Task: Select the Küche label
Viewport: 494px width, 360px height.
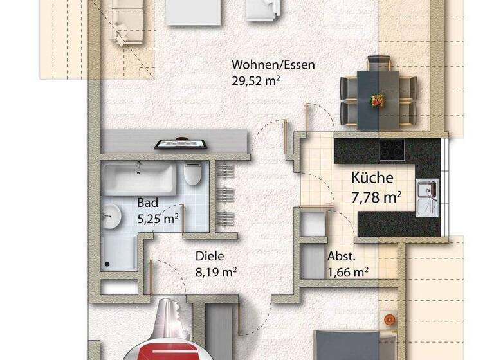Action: [x=372, y=177]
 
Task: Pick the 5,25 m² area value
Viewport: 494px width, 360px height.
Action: [x=158, y=218]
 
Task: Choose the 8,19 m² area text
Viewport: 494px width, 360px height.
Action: [x=217, y=271]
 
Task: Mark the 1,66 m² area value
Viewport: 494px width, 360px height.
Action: [x=348, y=271]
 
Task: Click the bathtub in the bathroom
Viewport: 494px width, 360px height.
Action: [x=138, y=178]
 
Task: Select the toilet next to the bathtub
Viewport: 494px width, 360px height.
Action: [x=193, y=174]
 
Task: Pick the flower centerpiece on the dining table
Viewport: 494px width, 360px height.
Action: [x=378, y=100]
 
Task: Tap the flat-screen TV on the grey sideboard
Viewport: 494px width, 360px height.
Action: [x=181, y=143]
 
